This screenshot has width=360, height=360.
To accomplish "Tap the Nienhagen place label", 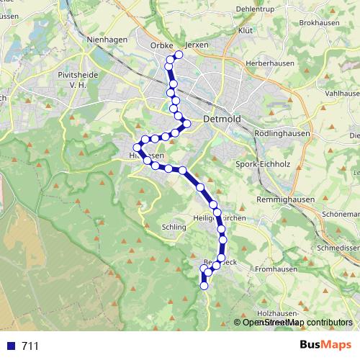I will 107,40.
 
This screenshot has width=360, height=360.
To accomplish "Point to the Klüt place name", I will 246,32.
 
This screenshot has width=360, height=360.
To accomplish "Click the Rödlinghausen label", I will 282,134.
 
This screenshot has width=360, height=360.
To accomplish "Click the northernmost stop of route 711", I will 179,55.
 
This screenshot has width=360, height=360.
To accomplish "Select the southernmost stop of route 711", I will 204,286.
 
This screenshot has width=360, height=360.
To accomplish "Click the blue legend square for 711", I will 9,346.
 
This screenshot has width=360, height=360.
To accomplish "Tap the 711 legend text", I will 30,346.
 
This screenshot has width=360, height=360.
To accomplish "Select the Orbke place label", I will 162,44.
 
